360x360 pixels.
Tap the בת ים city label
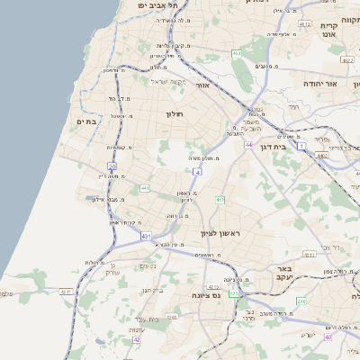(86, 121)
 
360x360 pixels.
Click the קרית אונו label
(328, 31)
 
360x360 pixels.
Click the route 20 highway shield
(112, 166)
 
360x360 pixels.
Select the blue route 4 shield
(196, 171)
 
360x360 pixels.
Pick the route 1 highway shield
(302, 144)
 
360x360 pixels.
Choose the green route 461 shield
(237, 54)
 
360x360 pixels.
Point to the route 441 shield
(145, 188)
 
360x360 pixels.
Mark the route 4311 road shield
(66, 291)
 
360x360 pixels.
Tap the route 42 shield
(137, 339)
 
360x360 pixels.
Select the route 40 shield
(328, 337)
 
